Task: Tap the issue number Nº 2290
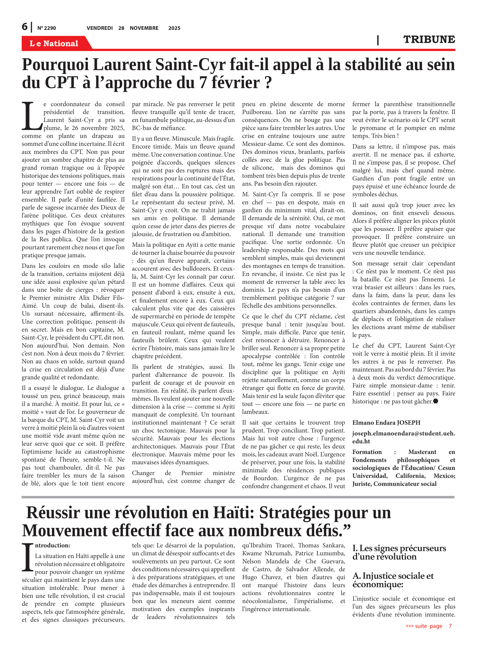click(46, 28)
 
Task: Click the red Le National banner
click(54, 43)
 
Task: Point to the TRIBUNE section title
click(429, 39)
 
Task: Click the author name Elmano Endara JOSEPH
click(386, 422)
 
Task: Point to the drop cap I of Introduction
click(28, 557)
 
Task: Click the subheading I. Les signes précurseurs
click(399, 552)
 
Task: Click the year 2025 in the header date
click(174, 28)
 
